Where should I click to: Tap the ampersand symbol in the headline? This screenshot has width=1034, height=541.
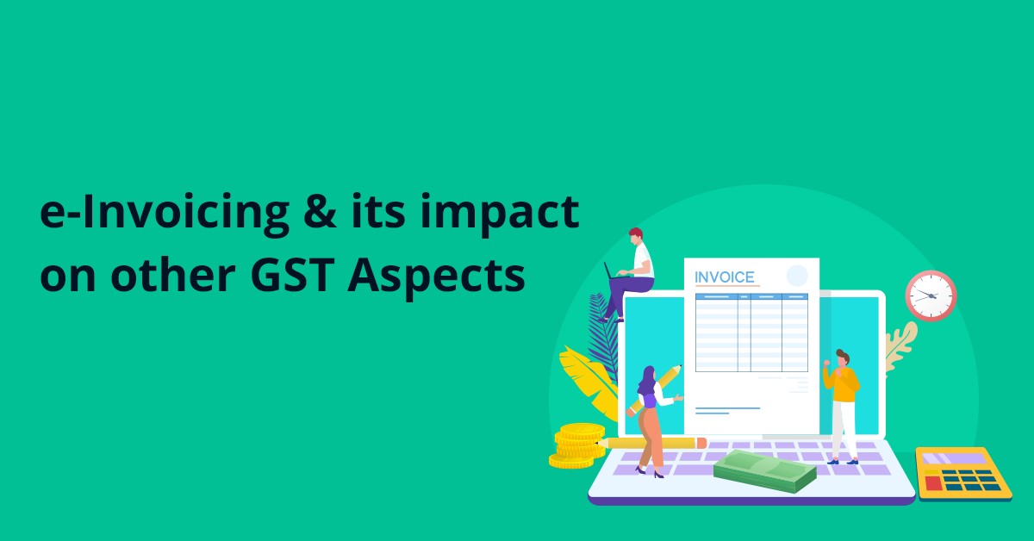[320, 211]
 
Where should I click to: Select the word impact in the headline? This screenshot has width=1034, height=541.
[500, 214]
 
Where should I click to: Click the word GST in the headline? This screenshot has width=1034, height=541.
[293, 275]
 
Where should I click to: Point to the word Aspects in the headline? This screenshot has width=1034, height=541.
[436, 278]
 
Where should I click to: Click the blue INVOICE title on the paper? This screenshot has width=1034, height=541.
[725, 277]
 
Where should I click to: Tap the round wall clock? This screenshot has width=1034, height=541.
[931, 295]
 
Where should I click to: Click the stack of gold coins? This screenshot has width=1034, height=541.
[577, 445]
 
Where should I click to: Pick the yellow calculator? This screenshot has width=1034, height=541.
[963, 474]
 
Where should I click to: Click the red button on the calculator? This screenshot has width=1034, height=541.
[933, 482]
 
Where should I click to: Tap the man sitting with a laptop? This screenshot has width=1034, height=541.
[628, 275]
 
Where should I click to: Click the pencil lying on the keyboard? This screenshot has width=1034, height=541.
[651, 443]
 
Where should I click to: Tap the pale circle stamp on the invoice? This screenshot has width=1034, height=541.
[797, 276]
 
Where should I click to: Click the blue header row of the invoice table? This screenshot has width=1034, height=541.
[751, 296]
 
